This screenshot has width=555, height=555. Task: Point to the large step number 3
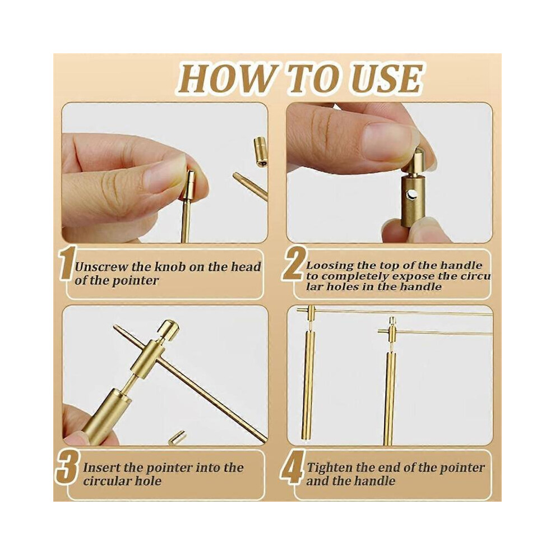(x=67, y=467)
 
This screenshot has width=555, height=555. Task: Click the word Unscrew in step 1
(x=101, y=267)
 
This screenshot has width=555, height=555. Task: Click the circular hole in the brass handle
(x=412, y=194)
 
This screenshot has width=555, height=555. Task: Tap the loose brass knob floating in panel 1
(x=260, y=151)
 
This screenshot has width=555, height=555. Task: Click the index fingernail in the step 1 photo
(x=164, y=173)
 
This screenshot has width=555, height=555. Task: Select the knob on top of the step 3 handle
(x=168, y=330)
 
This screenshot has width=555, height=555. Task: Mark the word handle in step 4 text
(x=376, y=481)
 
